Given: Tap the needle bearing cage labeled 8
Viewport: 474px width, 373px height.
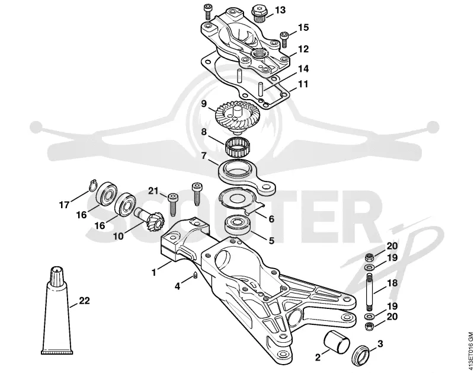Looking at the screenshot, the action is tap(239, 148).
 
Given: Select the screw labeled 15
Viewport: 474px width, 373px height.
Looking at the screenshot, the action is tap(284, 40).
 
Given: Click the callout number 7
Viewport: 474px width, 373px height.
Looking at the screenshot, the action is tap(204, 156).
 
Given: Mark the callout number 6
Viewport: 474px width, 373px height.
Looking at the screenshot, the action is tap(271, 218).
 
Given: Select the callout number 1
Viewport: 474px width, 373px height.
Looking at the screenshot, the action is tap(154, 272).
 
